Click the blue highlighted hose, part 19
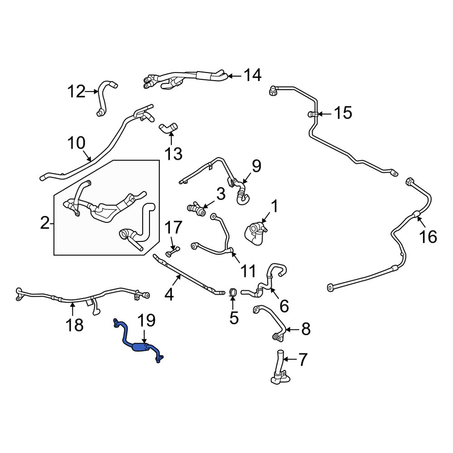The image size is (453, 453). [141, 347]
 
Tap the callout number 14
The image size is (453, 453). [252, 75]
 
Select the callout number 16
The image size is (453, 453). [428, 237]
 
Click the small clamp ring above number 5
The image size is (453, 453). [233, 292]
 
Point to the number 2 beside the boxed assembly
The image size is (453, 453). [45, 223]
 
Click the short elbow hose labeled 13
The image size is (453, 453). [169, 128]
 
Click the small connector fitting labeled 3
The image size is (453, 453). [197, 209]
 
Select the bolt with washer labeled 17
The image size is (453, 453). [173, 251]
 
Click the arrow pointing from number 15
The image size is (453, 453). [325, 114]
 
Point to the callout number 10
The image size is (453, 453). [76, 143]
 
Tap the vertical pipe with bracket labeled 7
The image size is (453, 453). [280, 367]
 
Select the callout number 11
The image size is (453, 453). [248, 271]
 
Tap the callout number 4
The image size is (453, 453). [169, 294]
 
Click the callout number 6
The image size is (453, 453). [284, 306]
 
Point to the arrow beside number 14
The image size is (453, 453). [235, 76]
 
